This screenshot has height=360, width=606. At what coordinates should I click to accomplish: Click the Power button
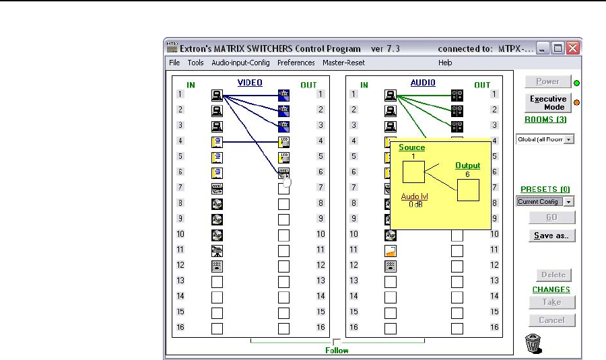click(x=547, y=82)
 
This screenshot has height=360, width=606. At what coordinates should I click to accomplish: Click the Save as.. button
click(x=551, y=236)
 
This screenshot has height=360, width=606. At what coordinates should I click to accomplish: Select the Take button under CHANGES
click(x=551, y=302)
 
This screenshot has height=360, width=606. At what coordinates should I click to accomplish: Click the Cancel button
click(x=551, y=320)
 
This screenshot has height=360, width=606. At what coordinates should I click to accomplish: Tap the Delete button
click(x=551, y=275)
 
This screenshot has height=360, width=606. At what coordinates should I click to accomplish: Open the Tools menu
click(x=195, y=63)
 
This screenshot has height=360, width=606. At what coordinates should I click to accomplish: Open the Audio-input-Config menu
click(x=240, y=63)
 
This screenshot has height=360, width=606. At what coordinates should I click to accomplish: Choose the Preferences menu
click(x=296, y=63)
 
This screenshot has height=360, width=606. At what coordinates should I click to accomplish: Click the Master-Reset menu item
click(x=343, y=63)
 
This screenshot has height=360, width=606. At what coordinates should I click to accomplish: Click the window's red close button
click(x=572, y=48)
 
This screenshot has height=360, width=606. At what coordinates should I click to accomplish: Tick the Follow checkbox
click(x=337, y=342)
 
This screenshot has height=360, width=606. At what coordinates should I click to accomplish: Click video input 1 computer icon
click(x=217, y=94)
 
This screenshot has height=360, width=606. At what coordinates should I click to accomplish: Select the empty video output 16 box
click(x=283, y=328)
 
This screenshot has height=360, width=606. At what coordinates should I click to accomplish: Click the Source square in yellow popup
click(x=413, y=172)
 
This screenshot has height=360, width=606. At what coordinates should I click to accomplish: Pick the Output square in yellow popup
click(x=468, y=190)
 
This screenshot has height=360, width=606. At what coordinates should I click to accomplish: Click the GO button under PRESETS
click(x=551, y=217)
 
